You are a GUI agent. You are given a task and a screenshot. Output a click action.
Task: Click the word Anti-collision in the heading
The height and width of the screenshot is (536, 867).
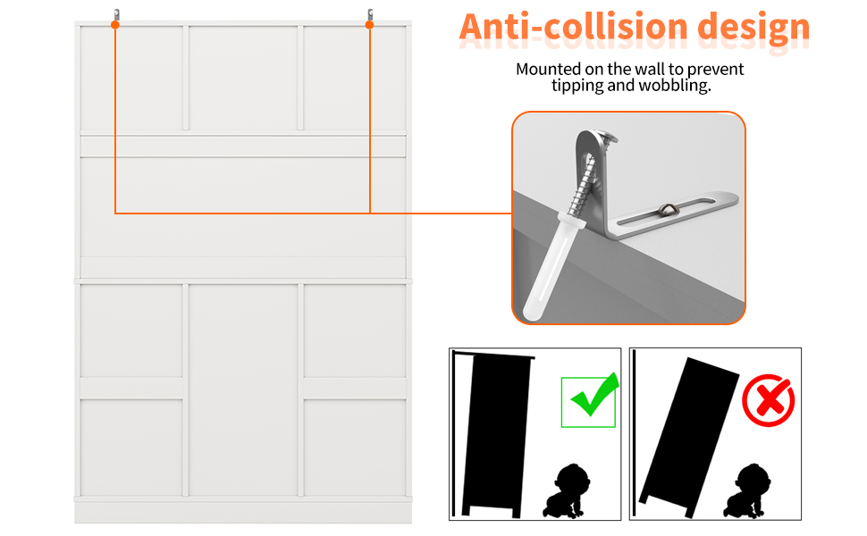coord(574,27)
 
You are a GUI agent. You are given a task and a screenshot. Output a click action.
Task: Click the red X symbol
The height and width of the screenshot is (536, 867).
coord(769,400)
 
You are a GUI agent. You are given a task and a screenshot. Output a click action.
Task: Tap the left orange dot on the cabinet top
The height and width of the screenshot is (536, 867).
coord(115,25)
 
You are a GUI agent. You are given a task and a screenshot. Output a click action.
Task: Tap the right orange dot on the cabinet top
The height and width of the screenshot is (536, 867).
coord(369,25)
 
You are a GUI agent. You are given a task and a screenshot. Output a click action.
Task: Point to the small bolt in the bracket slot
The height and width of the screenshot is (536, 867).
coord(668,209)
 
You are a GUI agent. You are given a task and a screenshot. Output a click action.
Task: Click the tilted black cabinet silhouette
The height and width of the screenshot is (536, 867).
coord(689,437)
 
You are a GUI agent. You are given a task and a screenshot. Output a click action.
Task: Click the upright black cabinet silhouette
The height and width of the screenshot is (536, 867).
coord(495,434)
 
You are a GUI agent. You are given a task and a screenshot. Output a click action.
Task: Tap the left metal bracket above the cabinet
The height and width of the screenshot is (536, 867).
coord(117,15)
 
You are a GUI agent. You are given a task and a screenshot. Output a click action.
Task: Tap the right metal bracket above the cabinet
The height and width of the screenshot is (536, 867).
coord(370,15)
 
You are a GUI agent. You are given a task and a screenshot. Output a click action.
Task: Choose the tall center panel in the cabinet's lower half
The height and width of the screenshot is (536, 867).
coord(243,390)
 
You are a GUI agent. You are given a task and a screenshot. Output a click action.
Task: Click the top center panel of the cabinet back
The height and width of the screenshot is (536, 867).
coord(243,78)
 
